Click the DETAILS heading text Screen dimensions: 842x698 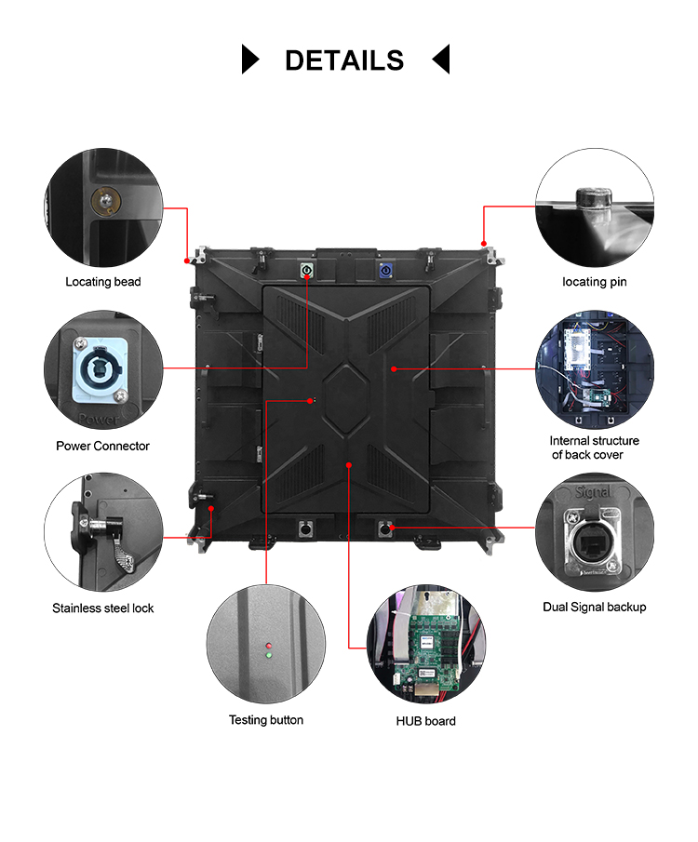point(344,60)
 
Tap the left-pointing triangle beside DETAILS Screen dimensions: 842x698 point(441,59)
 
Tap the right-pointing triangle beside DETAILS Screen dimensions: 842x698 point(249,59)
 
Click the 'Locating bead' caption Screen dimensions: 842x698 point(102,282)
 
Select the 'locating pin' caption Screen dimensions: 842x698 point(595,282)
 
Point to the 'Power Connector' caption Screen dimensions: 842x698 point(102,446)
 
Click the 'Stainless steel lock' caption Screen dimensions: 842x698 point(102,608)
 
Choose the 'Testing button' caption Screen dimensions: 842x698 point(266,720)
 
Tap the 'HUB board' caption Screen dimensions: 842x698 point(426,721)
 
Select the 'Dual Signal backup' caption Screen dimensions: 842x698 point(594,608)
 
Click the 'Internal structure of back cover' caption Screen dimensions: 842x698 point(594,448)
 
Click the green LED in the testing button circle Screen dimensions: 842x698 point(268,656)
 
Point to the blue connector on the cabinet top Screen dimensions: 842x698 point(384,271)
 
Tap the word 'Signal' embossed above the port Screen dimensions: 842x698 point(593,491)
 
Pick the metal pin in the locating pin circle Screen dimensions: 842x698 point(592,199)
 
